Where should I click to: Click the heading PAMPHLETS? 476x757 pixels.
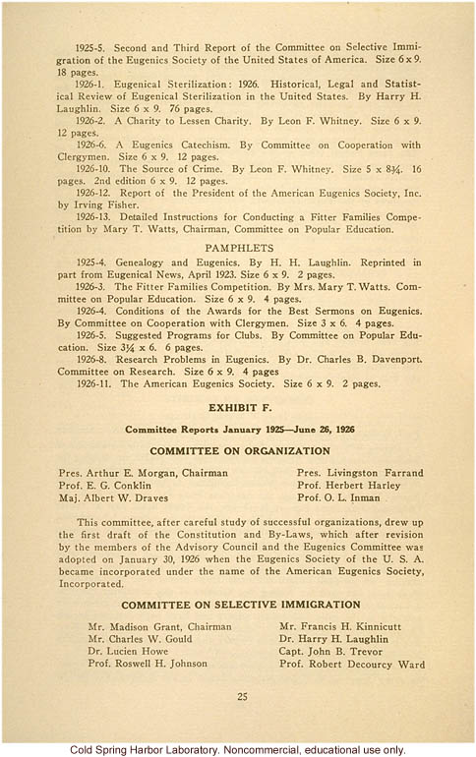click(x=238, y=249)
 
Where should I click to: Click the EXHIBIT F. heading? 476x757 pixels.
click(x=238, y=405)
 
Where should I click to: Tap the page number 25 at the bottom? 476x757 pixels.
click(x=242, y=697)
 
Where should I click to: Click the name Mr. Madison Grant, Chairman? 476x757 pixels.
click(x=159, y=626)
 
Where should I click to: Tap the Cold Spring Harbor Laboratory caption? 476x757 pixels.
click(x=238, y=749)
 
